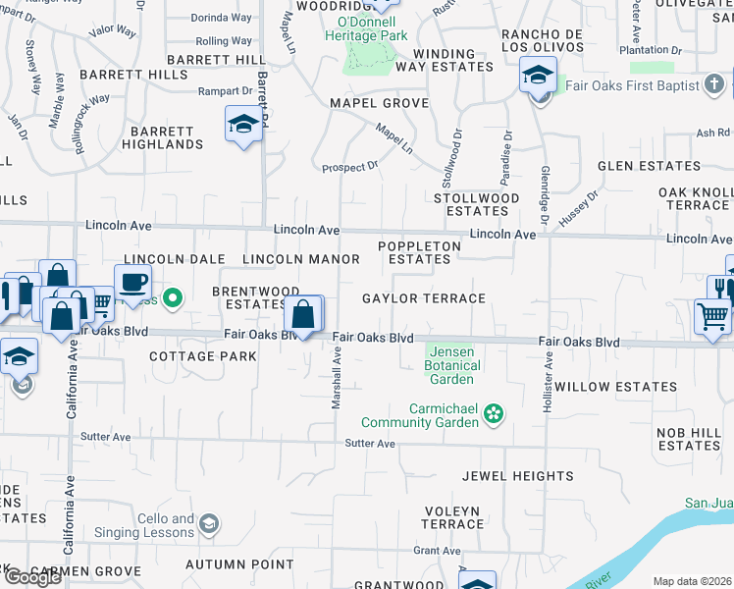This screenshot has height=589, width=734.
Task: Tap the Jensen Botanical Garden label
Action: click(452, 365)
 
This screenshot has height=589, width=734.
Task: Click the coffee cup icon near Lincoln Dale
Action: click(132, 282)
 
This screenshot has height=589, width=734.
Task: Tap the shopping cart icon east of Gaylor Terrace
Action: click(712, 315)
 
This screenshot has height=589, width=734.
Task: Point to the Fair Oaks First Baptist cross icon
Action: click(715, 85)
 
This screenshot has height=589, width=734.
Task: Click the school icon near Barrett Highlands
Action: click(242, 125)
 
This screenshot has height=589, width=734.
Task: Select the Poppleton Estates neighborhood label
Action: click(419, 253)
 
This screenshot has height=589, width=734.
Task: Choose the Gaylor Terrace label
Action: click(424, 298)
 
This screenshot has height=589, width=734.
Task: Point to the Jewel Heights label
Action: click(518, 476)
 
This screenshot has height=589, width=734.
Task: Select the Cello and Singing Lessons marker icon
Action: click(207, 525)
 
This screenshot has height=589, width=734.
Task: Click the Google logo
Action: click(32, 577)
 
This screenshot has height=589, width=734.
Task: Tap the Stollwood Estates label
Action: click(477, 204)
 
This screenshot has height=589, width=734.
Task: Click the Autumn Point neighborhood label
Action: click(239, 564)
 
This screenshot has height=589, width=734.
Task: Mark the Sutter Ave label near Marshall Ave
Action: click(370, 444)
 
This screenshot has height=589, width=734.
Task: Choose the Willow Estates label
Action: click(615, 387)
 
